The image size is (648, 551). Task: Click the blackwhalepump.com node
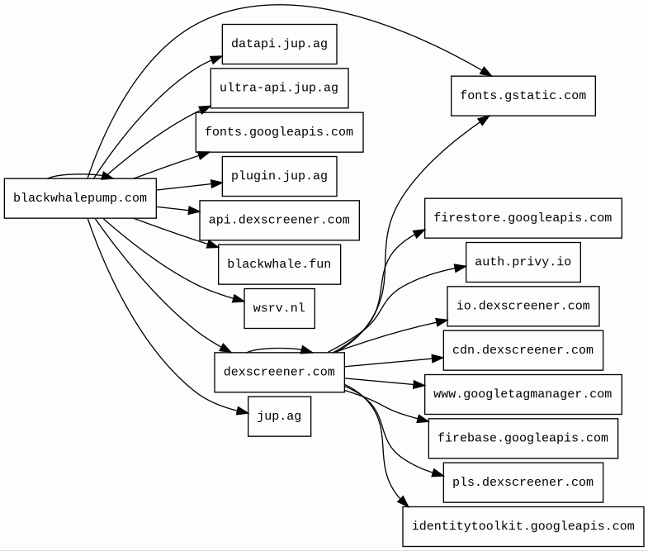tap(80, 198)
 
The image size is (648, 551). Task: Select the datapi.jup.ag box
tap(279, 45)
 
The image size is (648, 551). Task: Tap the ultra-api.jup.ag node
tap(279, 88)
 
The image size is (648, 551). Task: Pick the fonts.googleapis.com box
tap(279, 132)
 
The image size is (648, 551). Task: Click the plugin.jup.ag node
tap(279, 176)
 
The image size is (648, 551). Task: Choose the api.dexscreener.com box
tap(279, 221)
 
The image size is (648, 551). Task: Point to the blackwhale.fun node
tap(279, 264)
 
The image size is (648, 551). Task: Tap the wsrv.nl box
tap(279, 308)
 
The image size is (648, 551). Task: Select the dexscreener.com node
tap(279, 373)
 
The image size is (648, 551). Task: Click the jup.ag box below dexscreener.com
tap(279, 416)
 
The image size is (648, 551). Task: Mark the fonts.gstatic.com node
tap(523, 96)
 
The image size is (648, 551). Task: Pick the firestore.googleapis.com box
tap(523, 218)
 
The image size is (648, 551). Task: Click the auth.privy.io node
tap(523, 263)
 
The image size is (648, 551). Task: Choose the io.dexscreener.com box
tap(523, 306)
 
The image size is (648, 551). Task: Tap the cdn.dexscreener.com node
tap(523, 350)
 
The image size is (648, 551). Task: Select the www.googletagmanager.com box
tap(523, 394)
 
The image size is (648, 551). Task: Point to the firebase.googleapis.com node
tap(523, 439)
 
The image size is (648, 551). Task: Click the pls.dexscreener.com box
tap(523, 482)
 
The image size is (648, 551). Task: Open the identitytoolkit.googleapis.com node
tap(523, 526)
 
